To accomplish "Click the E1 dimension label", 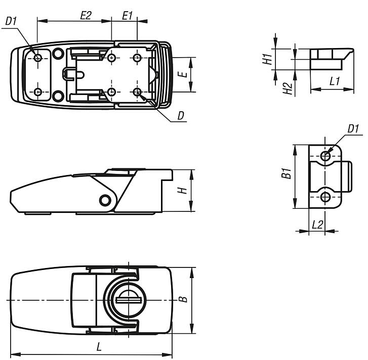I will (128, 15).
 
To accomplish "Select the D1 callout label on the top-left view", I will (11, 22).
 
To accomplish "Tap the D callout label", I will (181, 116).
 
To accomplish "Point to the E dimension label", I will (185, 74).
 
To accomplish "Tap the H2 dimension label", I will (288, 89).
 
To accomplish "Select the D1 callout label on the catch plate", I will (353, 129).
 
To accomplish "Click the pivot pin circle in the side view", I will (106, 200).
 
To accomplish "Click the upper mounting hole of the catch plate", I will (326, 157).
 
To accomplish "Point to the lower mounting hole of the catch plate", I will (326, 196).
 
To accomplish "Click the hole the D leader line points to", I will (137, 92).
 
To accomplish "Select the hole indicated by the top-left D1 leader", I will (38, 58).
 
